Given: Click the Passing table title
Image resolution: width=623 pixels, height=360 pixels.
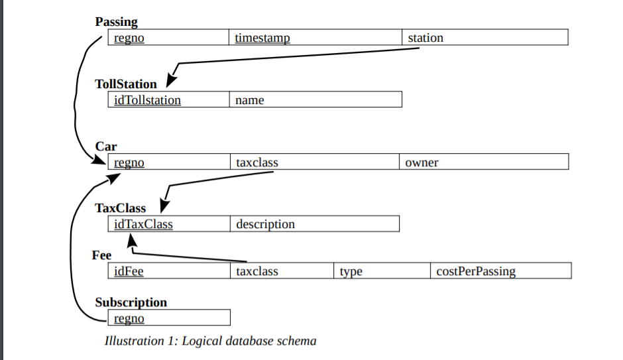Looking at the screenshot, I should (x=116, y=22).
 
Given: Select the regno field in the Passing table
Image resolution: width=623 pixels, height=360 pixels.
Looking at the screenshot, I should (x=129, y=38).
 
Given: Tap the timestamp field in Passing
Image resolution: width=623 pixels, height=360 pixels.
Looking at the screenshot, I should (x=262, y=38).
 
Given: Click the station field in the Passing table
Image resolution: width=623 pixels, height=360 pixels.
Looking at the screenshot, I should (x=425, y=38).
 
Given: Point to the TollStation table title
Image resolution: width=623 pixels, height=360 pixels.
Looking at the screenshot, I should (x=126, y=84).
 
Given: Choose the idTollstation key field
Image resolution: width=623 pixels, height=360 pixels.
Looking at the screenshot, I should (x=147, y=100).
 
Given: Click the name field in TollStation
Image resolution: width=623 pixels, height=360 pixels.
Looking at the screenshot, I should (x=249, y=100).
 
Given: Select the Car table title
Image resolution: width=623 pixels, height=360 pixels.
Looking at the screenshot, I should (x=106, y=147).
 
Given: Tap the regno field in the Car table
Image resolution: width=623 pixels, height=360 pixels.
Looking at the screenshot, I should (x=129, y=162).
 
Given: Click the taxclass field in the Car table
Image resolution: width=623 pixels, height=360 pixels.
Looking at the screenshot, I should (x=257, y=162).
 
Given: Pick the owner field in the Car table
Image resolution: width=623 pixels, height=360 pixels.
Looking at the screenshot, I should (x=422, y=162).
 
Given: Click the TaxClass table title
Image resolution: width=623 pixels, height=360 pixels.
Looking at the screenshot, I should (x=120, y=208).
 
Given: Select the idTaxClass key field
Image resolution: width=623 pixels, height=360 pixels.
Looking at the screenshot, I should (x=143, y=224).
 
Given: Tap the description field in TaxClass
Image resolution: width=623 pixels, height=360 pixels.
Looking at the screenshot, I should (x=265, y=224).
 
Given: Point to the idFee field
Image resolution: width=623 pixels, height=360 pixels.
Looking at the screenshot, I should (x=129, y=271).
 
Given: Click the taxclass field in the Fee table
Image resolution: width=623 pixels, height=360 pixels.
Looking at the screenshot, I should (x=257, y=271).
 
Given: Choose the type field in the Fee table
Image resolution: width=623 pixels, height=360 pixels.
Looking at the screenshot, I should (x=351, y=271).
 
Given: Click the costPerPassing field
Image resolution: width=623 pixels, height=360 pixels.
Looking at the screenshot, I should (x=476, y=271).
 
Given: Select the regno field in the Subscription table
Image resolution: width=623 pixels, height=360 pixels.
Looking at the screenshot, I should (x=129, y=318).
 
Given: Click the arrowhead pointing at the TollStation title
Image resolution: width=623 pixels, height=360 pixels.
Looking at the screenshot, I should (x=171, y=78).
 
